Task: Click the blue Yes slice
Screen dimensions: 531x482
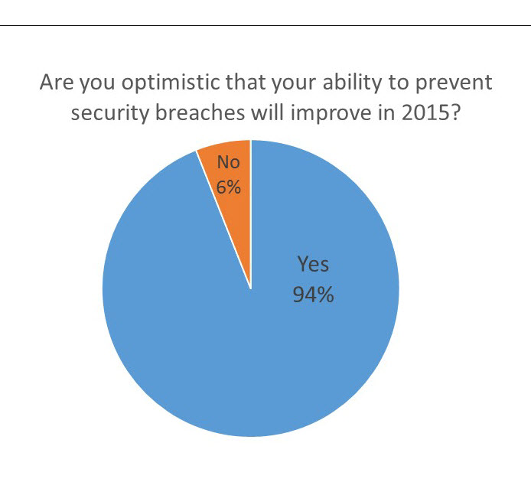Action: (x=251, y=339)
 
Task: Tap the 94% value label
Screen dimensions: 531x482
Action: (x=313, y=295)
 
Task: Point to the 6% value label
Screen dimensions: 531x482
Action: (x=229, y=187)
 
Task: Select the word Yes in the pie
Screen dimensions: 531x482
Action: (x=313, y=264)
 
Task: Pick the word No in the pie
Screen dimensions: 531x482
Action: (x=229, y=162)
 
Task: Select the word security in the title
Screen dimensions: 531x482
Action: (x=110, y=113)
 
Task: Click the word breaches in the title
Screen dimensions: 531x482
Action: (x=200, y=112)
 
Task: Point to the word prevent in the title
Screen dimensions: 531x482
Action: (x=454, y=83)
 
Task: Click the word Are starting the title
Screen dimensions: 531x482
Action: (x=57, y=82)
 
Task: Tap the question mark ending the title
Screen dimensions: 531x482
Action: (x=456, y=112)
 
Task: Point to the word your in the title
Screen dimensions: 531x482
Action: (x=295, y=85)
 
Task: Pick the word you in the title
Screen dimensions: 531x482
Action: (x=97, y=85)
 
